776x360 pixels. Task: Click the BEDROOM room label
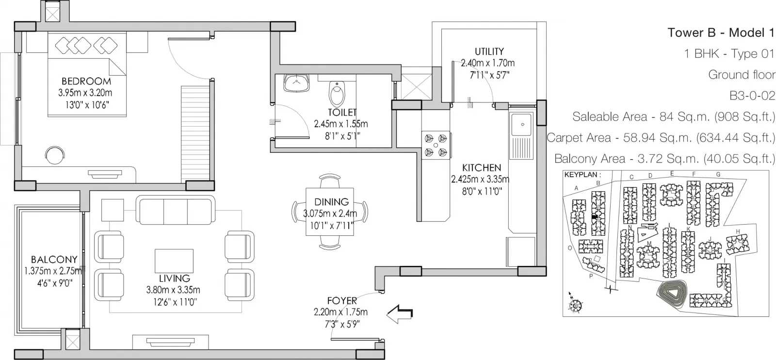[86, 82]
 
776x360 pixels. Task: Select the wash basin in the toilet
[296, 83]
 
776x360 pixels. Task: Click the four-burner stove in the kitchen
[436, 145]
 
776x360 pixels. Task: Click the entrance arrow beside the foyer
[400, 314]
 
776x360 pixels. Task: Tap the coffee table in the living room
[174, 261]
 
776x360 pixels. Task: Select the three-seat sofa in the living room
[175, 210]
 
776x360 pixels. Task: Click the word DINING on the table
[331, 202]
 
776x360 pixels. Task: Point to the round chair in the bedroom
[55, 155]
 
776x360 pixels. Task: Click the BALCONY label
[54, 260]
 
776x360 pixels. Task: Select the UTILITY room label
[489, 51]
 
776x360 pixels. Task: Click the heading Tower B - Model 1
[721, 33]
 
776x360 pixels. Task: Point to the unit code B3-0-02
[752, 96]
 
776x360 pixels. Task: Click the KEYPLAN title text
[582, 175]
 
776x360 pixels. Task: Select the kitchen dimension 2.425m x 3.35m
[480, 180]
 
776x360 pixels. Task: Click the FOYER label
[342, 300]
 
